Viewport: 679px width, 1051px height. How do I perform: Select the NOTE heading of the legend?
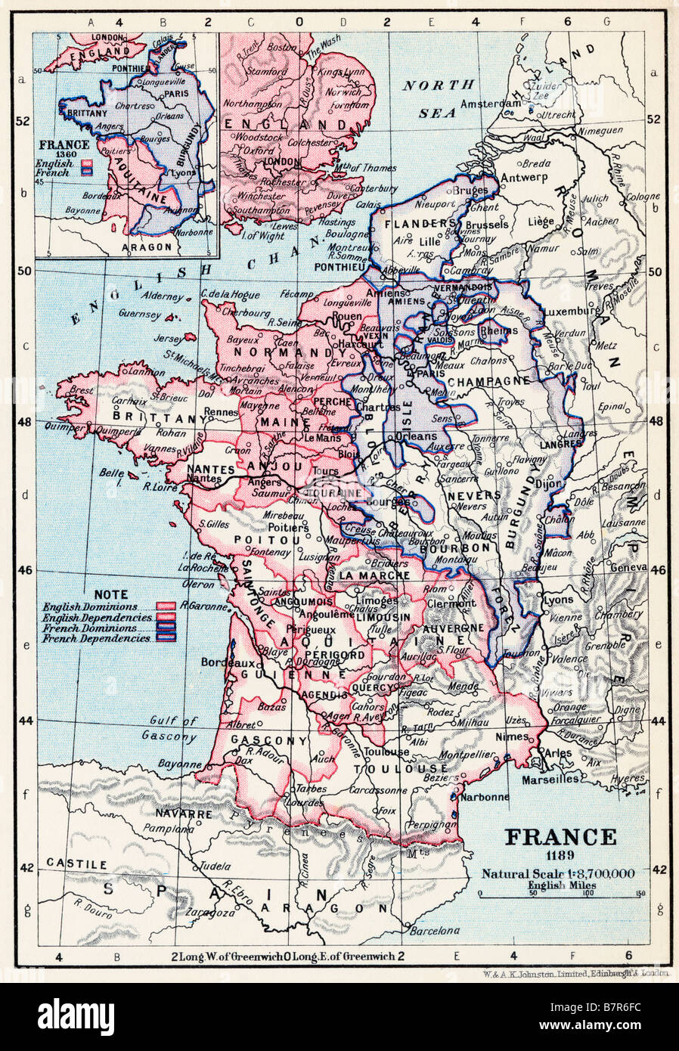[110, 595]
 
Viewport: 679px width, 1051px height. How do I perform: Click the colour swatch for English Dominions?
[166, 606]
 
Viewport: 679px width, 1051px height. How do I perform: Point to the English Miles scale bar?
[561, 897]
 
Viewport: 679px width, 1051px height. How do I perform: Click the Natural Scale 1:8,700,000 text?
[560, 873]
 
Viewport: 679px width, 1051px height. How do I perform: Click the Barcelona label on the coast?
[434, 930]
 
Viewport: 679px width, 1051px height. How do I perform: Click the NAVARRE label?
[183, 814]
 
